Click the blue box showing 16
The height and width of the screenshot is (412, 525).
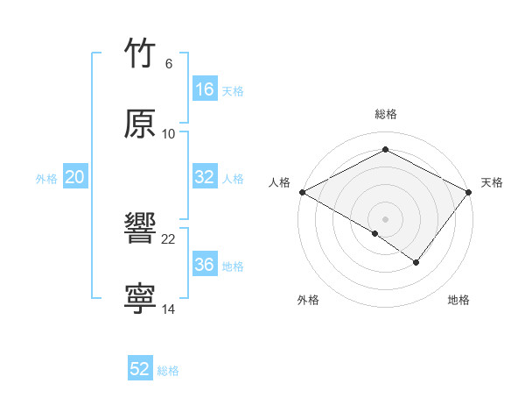click(205, 89)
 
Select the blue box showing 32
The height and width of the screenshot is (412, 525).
click(205, 177)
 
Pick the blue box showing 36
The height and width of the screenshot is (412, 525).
click(205, 265)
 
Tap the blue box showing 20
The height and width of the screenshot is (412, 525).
click(75, 177)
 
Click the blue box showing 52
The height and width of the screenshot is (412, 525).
click(140, 369)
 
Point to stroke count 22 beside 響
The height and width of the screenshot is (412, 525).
click(169, 238)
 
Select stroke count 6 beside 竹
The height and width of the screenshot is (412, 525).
click(168, 63)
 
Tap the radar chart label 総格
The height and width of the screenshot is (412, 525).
click(386, 114)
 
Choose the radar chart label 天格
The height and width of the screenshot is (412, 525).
click(492, 182)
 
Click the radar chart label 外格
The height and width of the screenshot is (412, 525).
click(308, 300)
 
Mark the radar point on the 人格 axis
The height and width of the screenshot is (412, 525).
click(302, 191)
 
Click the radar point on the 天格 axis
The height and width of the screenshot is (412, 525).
click(469, 191)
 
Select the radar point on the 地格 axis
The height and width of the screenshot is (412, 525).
click(416, 262)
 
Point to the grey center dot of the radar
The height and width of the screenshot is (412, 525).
click(385, 218)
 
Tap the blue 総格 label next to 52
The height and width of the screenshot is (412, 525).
click(168, 371)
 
